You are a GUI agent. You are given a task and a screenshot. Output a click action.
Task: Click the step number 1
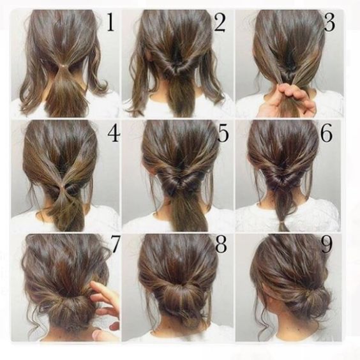point(110,22)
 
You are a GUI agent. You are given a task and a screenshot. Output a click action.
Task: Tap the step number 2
point(220,22)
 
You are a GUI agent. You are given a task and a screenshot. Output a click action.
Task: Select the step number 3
point(329,22)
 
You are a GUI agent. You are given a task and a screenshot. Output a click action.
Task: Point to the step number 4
point(114,133)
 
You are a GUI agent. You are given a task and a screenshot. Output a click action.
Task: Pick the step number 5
point(223,133)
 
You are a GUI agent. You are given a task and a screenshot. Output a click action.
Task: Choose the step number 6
point(326,133)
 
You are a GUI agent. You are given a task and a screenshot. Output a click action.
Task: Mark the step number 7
point(115,244)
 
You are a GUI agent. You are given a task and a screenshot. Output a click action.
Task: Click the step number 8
point(221,244)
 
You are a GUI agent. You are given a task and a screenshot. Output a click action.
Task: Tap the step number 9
point(326,244)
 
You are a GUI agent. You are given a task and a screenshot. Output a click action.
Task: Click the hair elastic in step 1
point(64,66)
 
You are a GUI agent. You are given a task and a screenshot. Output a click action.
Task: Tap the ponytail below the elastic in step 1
point(64,92)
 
